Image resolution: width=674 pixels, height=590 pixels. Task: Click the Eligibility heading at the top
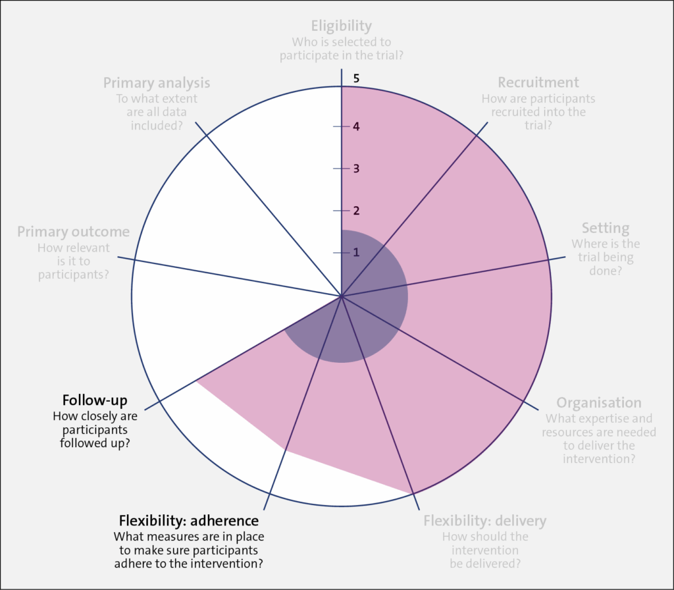[341, 26]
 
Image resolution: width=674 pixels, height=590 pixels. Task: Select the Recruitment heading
[538, 82]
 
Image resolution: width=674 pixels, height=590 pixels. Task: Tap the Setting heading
[605, 228]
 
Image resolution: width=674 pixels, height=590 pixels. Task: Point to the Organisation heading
[598, 403]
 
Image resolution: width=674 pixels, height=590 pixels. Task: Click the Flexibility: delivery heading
[484, 521]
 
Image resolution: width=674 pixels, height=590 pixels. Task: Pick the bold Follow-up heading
[95, 400]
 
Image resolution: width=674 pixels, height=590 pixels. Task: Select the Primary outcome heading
[73, 232]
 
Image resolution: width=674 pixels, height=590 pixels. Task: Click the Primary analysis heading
[157, 83]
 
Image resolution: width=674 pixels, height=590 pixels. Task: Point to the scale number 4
[356, 126]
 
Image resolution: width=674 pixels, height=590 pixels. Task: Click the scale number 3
[356, 169]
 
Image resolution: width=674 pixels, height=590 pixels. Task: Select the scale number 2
[356, 211]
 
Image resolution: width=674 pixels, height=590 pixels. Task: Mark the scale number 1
[356, 253]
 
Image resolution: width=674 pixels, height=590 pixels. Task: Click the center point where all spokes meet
[342, 296]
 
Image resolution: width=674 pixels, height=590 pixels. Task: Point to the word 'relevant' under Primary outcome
[90, 248]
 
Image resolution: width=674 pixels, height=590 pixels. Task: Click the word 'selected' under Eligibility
[350, 42]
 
